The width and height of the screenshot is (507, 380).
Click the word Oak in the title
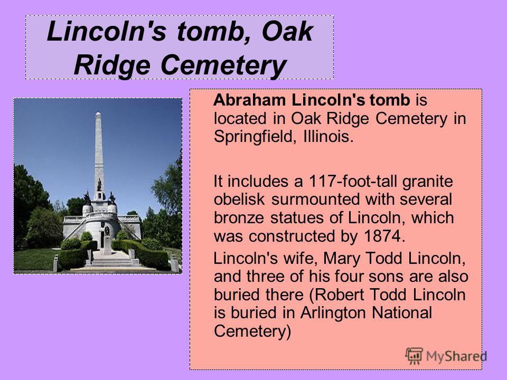pyautogui.click(x=287, y=31)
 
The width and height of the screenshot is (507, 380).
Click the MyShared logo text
pyautogui.click(x=456, y=356)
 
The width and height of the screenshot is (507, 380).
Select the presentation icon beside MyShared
pyautogui.click(x=414, y=356)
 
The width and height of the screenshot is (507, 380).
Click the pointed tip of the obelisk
pyautogui.click(x=98, y=112)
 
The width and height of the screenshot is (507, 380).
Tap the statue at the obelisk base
pyautogui.click(x=99, y=185)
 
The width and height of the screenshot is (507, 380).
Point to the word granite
pyautogui.click(x=427, y=182)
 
